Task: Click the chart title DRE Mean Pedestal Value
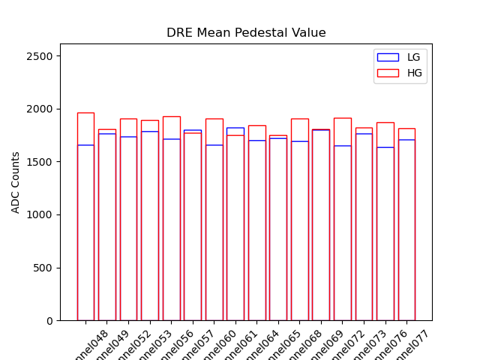(246, 33)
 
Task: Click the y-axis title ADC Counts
(16, 182)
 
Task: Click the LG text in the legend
(413, 58)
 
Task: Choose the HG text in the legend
(414, 73)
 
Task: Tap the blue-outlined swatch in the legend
(388, 58)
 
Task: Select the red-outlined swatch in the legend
(388, 73)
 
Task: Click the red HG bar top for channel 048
(85, 113)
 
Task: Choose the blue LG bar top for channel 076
(385, 147)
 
